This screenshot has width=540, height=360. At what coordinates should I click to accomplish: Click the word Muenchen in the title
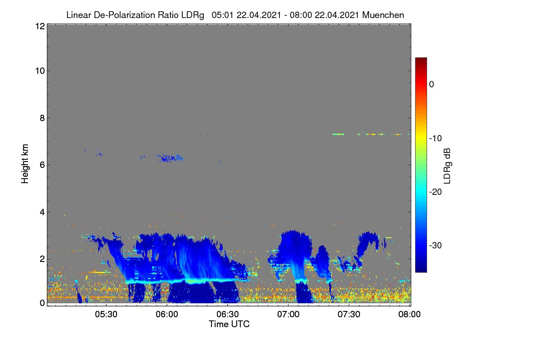click(383, 15)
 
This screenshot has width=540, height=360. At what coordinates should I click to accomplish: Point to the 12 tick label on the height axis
click(40, 26)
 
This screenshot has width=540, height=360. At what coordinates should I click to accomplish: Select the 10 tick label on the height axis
click(40, 71)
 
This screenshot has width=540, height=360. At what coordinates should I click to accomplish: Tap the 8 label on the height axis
click(42, 118)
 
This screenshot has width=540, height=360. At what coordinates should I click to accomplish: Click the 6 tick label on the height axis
click(42, 165)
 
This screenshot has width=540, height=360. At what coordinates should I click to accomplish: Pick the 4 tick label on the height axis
click(42, 212)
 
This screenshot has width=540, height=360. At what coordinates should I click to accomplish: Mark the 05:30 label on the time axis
click(106, 314)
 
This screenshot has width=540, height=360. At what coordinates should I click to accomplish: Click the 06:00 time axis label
click(167, 314)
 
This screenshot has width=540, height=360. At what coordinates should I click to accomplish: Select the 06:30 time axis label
click(228, 314)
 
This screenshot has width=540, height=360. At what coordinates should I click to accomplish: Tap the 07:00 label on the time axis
click(288, 314)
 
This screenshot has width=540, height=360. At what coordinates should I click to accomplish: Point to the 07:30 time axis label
click(349, 314)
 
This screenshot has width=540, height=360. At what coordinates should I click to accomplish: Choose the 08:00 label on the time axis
click(409, 314)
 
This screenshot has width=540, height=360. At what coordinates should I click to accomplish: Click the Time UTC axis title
click(229, 324)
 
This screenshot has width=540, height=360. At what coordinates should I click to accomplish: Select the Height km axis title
click(25, 164)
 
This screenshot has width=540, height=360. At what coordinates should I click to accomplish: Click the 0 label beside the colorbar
click(432, 85)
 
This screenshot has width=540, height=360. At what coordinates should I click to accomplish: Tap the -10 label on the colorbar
click(436, 139)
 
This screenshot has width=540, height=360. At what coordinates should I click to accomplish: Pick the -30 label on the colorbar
click(436, 245)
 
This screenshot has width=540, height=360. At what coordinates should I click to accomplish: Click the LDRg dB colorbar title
click(447, 166)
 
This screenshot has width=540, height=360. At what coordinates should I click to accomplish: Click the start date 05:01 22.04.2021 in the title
click(247, 15)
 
